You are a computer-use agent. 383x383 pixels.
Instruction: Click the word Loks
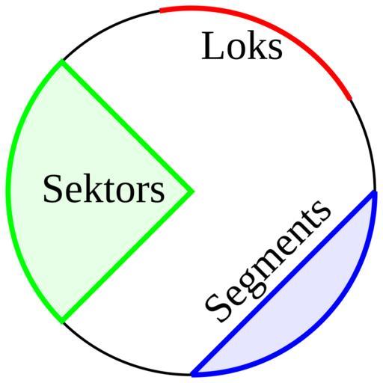tap(242, 46)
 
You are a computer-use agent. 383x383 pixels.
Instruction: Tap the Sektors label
tap(104, 189)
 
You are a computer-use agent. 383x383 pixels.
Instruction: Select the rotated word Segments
tap(268, 260)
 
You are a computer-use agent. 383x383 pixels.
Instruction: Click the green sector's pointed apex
tap(191, 191)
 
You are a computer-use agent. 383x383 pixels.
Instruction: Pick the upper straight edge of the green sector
tap(126, 126)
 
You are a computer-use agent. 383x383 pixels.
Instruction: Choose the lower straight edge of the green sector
tap(126, 257)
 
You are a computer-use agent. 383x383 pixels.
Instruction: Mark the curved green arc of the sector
tap(9, 191)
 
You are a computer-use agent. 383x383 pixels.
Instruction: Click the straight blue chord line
tap(283, 283)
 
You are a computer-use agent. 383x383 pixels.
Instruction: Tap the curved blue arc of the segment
tap(321, 321)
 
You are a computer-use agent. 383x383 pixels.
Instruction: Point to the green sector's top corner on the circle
tap(61, 61)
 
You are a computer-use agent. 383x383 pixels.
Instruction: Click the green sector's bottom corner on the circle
tap(62, 322)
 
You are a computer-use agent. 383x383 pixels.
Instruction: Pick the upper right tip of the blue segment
tap(375, 192)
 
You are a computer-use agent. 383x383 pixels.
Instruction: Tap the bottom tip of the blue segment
tap(192, 375)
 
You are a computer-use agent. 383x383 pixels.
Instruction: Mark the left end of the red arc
tap(160, 10)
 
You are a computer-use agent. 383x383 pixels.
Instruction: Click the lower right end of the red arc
tap(350, 99)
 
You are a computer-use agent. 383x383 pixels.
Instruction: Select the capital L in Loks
tap(212, 46)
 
